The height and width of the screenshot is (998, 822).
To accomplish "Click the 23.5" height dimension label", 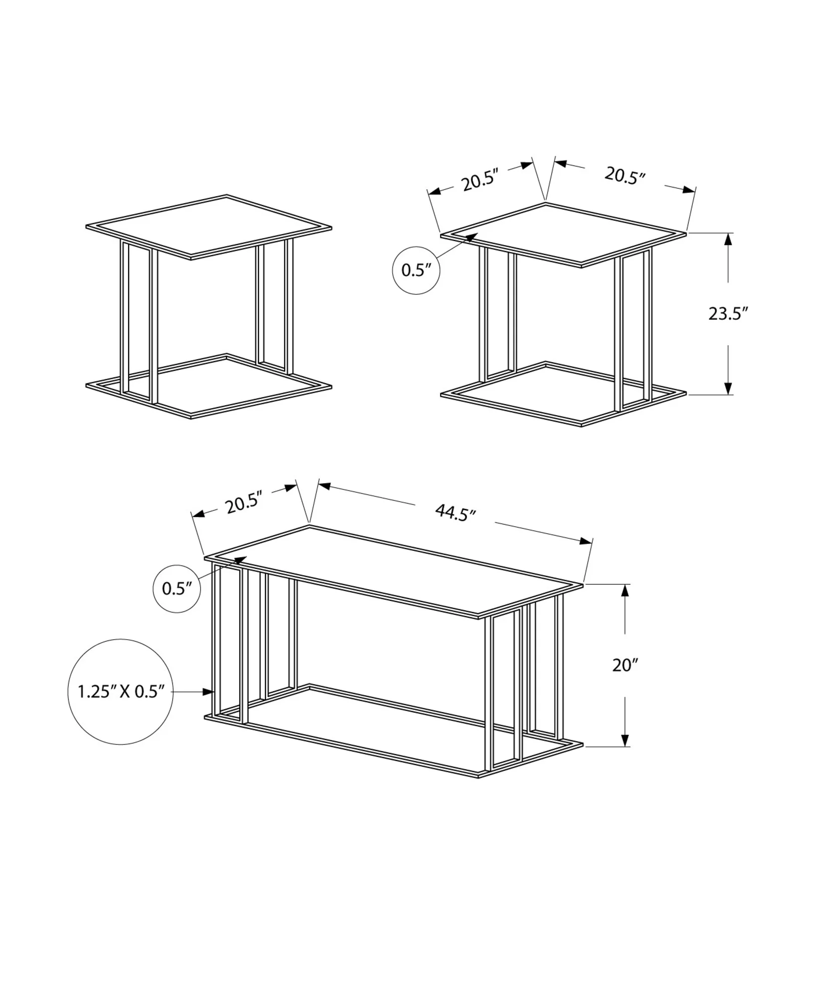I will tap(728, 313).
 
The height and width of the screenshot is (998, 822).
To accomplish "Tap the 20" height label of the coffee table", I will tap(625, 665).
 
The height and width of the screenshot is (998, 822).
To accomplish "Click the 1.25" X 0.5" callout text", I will tap(121, 692).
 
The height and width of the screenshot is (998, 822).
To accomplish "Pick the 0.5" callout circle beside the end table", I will tap(416, 270).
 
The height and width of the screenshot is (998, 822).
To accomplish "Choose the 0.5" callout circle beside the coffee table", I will tap(177, 588).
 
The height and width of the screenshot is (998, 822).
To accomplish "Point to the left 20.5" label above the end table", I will tap(480, 181).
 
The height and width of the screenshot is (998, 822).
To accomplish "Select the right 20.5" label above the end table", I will tap(625, 175).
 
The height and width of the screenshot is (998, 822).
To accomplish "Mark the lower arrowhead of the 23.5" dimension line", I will tap(728, 388).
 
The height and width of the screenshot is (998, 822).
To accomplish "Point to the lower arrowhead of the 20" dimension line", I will tap(625, 753).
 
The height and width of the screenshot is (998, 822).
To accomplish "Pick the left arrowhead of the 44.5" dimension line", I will tap(324, 485).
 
